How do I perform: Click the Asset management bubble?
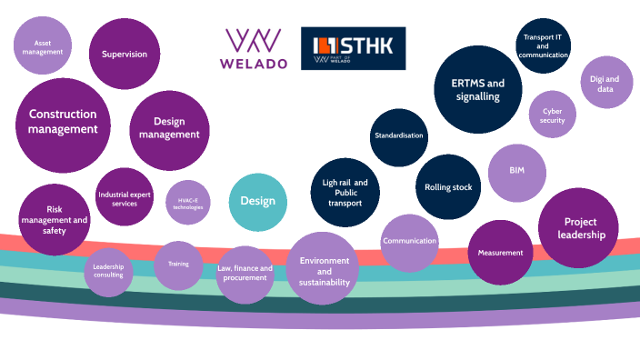point(43,47)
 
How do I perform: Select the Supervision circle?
point(125,55)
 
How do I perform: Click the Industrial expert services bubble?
point(124,198)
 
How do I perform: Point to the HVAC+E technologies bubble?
point(188,203)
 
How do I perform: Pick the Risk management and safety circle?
point(55,220)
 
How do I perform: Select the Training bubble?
point(172,264)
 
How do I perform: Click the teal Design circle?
point(257,202)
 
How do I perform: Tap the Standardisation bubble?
point(399,136)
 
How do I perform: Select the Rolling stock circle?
point(449,187)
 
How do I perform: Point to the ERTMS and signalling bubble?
point(476,90)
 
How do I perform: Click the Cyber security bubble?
point(553,115)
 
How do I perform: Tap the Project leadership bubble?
point(579,228)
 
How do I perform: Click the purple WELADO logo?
point(255,48)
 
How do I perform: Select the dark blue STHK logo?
point(353,48)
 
